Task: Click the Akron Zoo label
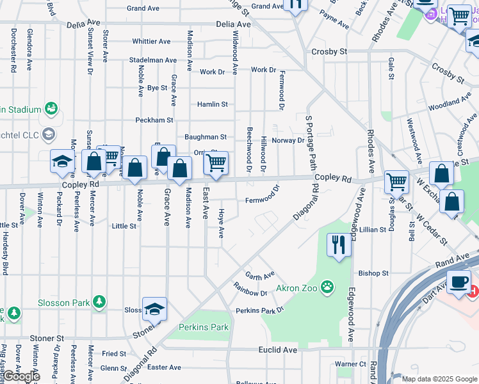click(x=298, y=288)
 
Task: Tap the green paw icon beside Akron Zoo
click(x=328, y=287)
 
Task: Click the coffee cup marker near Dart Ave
click(x=459, y=283)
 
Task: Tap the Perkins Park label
click(x=204, y=327)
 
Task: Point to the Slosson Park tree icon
click(x=99, y=301)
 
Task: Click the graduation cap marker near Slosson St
click(x=154, y=309)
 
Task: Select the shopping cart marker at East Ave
click(x=216, y=163)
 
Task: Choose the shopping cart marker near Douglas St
click(x=396, y=182)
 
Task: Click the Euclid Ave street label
click(x=278, y=350)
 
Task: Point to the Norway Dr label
click(x=288, y=140)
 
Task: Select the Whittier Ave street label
click(x=151, y=42)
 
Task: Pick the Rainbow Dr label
click(x=250, y=289)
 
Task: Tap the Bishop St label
click(x=373, y=273)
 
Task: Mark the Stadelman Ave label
click(x=152, y=60)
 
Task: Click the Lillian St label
click(x=371, y=229)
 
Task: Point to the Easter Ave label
click(x=164, y=367)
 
